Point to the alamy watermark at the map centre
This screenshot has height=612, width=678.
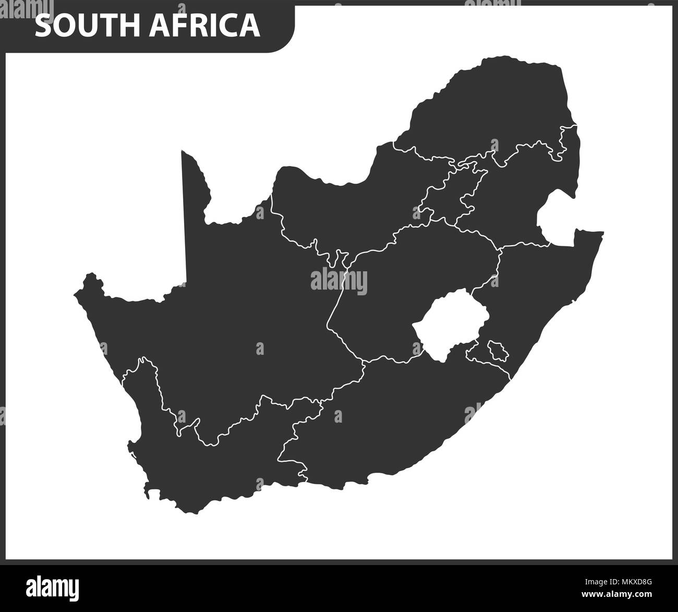pos(339,282)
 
